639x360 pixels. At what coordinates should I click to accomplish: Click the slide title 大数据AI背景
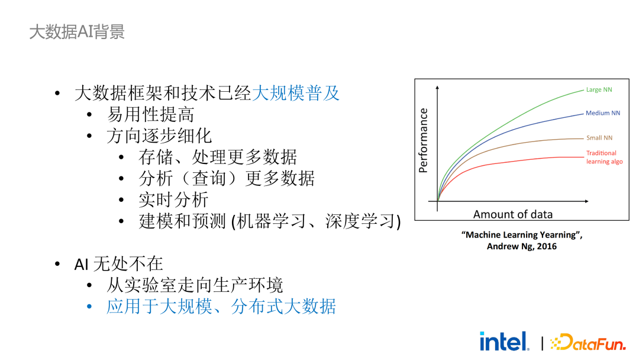(x=77, y=31)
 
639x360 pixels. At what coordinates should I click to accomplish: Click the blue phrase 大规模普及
(x=296, y=93)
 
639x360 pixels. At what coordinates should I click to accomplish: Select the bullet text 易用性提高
(x=150, y=114)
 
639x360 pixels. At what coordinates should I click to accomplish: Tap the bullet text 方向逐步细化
(x=159, y=136)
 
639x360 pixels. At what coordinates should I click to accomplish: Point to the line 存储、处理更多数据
(x=218, y=157)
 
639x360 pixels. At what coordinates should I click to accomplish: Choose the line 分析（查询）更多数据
(x=227, y=178)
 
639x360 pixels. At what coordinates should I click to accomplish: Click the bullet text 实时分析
(x=173, y=200)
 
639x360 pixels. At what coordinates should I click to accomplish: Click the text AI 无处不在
(x=118, y=264)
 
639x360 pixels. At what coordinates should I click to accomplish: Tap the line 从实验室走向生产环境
(x=195, y=285)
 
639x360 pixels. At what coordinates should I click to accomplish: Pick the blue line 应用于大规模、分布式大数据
(x=221, y=307)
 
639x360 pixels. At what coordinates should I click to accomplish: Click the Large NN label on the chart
(x=599, y=90)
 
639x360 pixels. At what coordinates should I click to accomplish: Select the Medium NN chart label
(x=602, y=113)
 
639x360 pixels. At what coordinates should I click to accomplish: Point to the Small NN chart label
(x=599, y=138)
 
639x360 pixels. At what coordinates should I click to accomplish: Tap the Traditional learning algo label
(x=603, y=157)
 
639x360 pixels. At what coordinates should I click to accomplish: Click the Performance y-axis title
(x=423, y=140)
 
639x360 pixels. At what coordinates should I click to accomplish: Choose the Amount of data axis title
(x=512, y=214)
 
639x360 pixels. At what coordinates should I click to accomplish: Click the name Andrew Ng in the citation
(x=507, y=246)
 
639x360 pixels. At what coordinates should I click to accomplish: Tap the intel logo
(x=504, y=341)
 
